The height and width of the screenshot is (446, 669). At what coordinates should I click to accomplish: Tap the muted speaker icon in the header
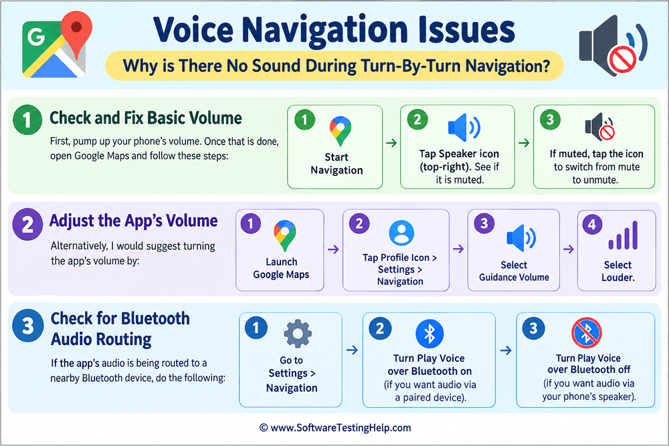613,45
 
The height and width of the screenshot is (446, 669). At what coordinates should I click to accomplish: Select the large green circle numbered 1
27,120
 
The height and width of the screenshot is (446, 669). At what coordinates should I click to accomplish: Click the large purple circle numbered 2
27,224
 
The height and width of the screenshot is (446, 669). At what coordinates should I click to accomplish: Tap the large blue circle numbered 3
27,326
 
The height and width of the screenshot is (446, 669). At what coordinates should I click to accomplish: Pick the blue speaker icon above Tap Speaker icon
464,128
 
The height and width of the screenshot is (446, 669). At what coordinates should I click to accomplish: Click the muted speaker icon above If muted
600,127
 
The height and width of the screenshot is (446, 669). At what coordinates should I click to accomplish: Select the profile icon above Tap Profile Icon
401,233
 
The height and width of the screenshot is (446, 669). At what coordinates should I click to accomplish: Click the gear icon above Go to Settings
298,334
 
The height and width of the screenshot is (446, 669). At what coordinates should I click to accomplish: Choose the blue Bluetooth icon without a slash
429,334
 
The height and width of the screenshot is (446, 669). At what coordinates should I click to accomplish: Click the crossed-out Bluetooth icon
587,332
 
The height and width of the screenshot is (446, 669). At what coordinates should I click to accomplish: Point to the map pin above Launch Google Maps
285,235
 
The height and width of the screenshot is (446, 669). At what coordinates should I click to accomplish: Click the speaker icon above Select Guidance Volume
521,238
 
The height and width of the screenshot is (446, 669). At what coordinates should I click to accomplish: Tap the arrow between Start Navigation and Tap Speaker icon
391,143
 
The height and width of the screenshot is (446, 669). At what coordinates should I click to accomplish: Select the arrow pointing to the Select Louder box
568,249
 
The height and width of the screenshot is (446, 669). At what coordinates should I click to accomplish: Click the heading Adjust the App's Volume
134,221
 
